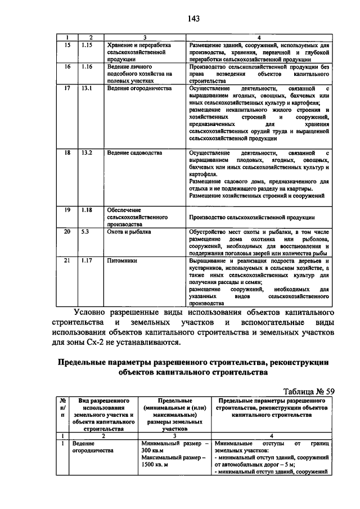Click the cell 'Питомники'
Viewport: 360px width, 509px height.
[x=121, y=260]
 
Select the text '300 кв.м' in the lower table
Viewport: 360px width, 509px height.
[x=152, y=451]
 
